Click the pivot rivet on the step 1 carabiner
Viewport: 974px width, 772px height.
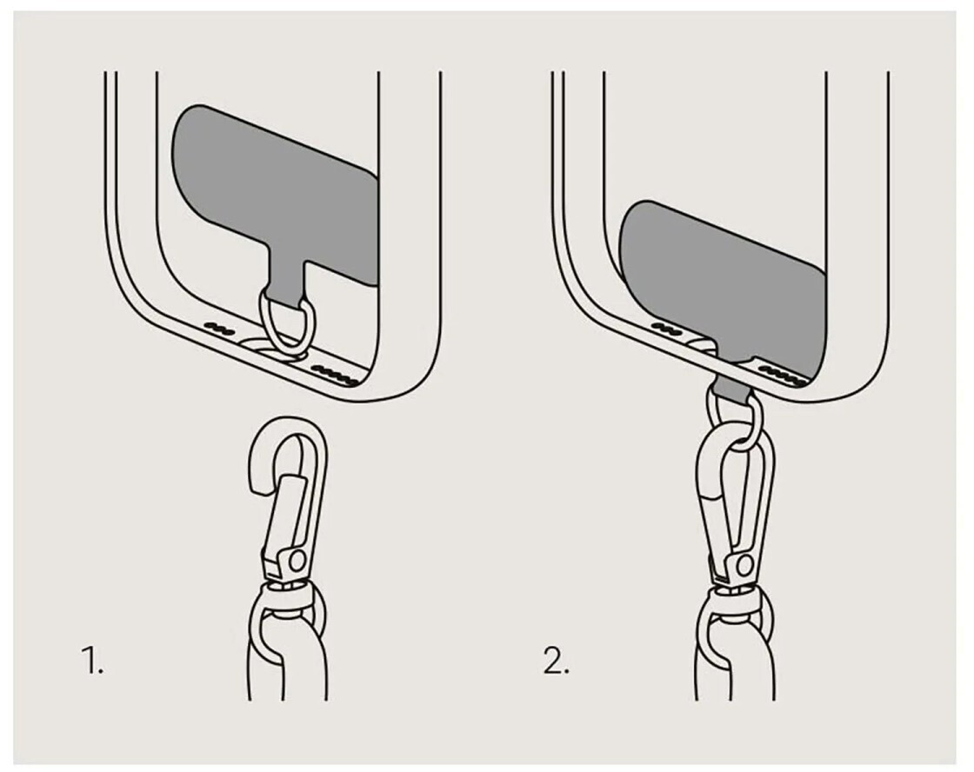(x=297, y=561)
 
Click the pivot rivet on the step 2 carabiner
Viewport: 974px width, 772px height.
(x=744, y=565)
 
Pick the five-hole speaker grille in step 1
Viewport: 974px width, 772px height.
(x=335, y=375)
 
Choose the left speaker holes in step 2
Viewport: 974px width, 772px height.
(x=666, y=327)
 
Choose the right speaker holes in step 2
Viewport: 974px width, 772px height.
(x=783, y=374)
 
